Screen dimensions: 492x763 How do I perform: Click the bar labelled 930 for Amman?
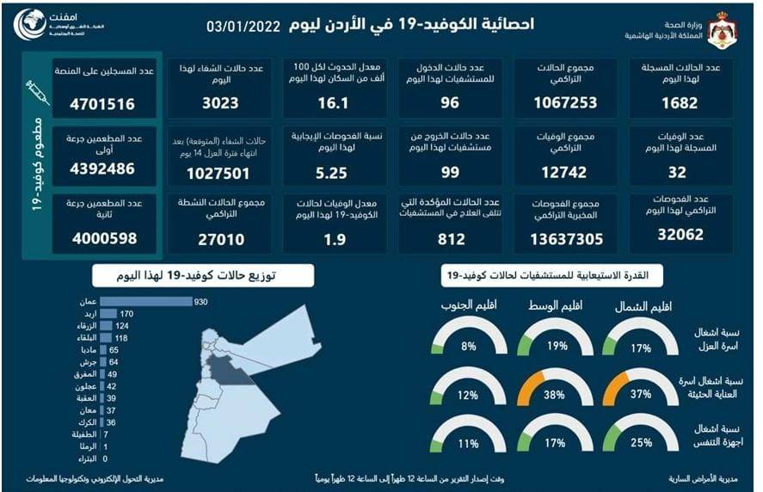coord(145,301)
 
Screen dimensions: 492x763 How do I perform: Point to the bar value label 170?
coord(127,314)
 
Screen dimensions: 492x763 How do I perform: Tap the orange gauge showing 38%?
coord(557,391)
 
